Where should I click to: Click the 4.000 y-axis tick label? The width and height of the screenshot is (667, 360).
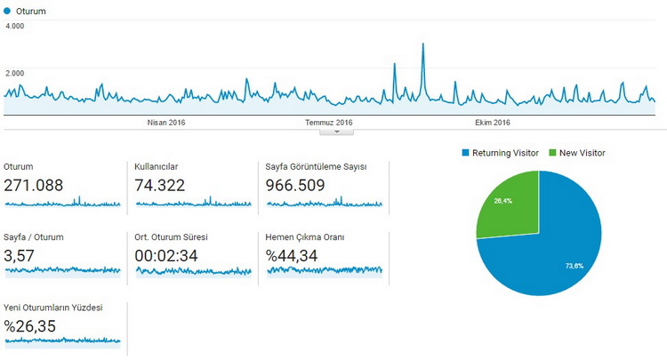coord(15,26)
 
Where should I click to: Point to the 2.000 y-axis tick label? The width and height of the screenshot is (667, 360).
coord(15,73)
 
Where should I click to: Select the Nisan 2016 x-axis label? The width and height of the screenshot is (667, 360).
coord(165,123)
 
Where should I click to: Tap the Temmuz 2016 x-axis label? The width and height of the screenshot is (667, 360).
coord(329,123)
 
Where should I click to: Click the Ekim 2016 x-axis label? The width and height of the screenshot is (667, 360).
coord(492,123)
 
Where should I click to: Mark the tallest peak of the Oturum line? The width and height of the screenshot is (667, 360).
coord(423,44)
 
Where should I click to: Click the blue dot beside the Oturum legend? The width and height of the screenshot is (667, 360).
coord(7,12)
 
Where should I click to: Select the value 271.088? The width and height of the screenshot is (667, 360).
coord(33,185)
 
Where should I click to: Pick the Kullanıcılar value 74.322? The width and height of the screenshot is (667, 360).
coord(164,185)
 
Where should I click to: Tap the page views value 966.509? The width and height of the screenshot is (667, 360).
coord(295,185)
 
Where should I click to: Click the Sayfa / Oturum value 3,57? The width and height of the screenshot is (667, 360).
coord(21,255)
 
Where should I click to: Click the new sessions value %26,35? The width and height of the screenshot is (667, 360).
coord(29,325)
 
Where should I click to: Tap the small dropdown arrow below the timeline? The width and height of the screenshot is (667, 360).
coord(336,132)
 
